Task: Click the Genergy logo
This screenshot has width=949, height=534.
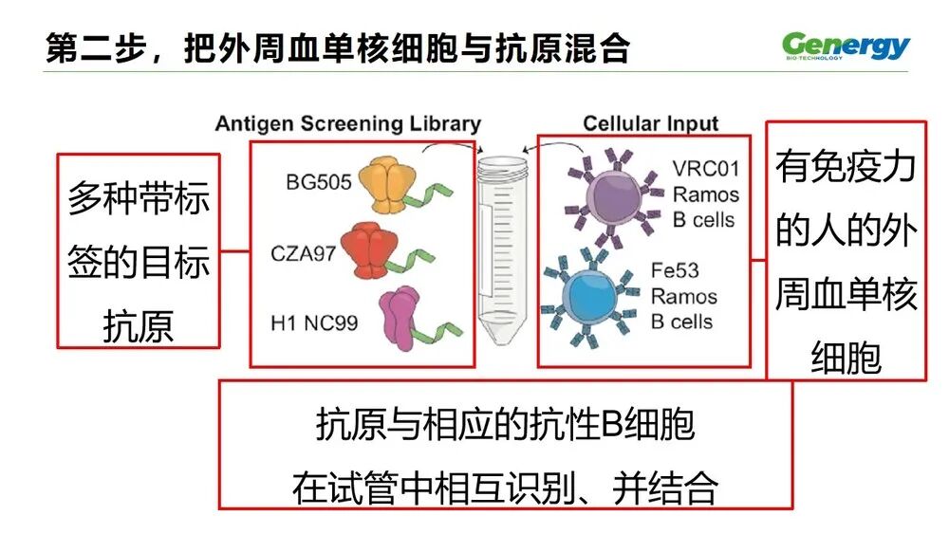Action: point(846,46)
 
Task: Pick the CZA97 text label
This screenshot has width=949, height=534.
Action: point(304,253)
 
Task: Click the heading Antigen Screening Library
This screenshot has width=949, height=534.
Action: point(347,124)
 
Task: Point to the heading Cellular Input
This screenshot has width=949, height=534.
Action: point(650,124)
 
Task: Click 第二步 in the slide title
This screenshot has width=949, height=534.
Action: point(85,47)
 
